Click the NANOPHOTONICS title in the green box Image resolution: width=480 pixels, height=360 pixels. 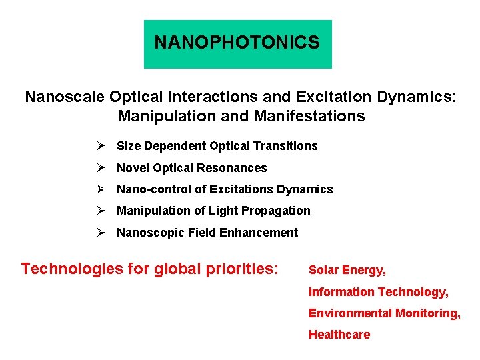(237, 43)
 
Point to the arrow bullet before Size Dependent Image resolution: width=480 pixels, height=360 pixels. (100, 146)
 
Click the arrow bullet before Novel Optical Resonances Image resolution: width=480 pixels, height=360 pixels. (100, 168)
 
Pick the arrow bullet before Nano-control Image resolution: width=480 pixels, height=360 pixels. (100, 189)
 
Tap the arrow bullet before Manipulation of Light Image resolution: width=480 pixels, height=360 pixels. (100, 211)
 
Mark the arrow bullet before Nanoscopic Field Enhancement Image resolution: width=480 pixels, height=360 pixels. (100, 233)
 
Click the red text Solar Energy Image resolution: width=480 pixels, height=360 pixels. (347, 270)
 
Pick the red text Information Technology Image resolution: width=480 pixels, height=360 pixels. (379, 292)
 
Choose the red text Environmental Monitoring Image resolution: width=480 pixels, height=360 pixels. (384, 313)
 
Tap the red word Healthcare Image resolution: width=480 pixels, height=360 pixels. (339, 335)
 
